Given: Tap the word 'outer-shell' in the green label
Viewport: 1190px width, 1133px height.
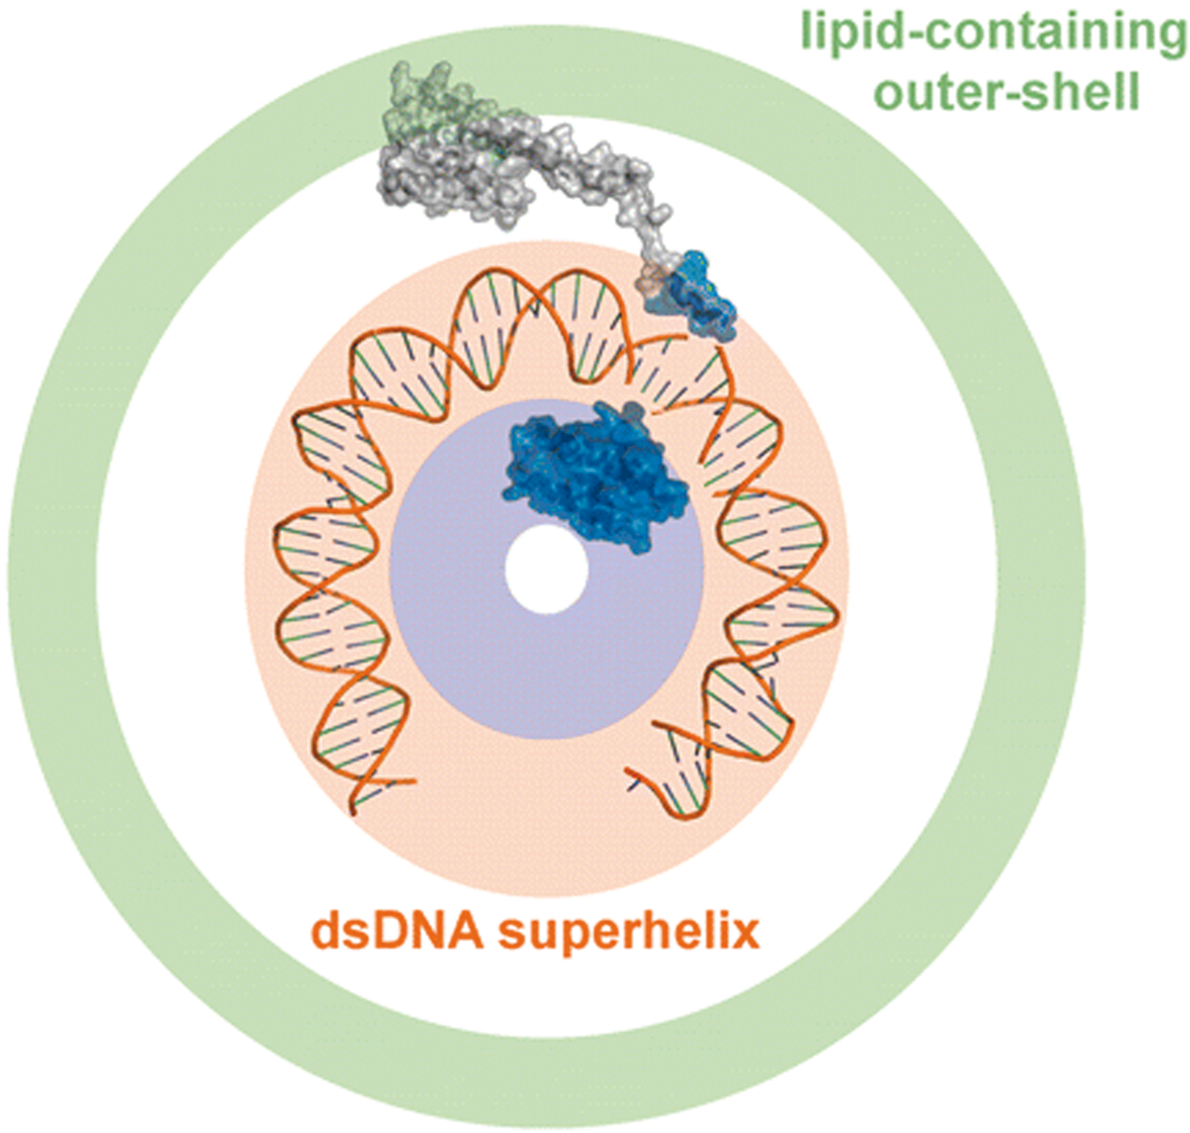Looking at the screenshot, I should [1007, 94].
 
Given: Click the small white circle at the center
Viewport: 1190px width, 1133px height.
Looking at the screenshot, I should [546, 570].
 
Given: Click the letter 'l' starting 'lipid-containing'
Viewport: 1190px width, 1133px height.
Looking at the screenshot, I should [806, 31].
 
